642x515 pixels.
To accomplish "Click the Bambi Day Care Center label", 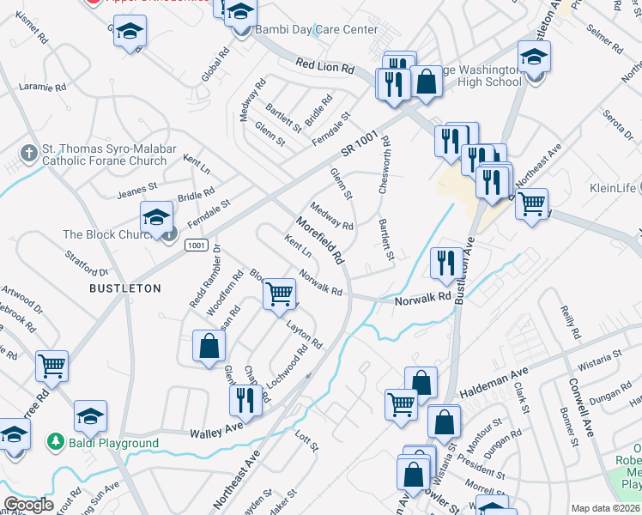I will pos(315,30).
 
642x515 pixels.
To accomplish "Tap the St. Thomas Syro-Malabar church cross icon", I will pos(28,153).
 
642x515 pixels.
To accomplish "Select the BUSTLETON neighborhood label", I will pos(125,288).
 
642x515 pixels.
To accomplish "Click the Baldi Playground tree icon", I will pos(56,442).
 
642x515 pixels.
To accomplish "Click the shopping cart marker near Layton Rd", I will pos(279,294).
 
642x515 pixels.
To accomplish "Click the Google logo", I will pos(28,505).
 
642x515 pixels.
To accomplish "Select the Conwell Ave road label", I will pos(583,403).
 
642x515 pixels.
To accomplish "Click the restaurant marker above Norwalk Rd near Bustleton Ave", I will pos(444,263).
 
